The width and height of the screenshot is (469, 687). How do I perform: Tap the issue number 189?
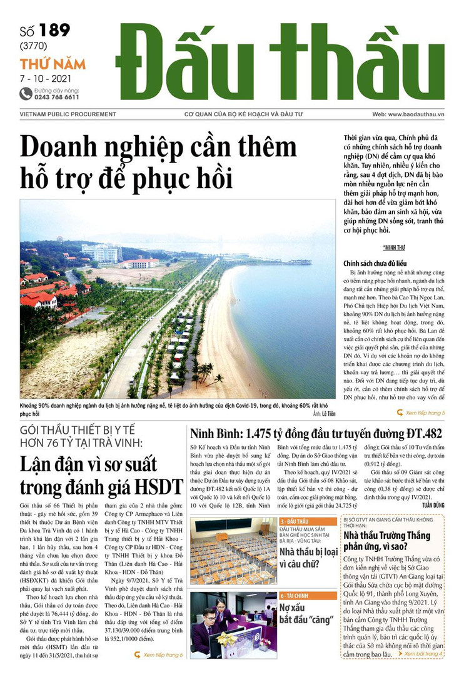click(x=54, y=30)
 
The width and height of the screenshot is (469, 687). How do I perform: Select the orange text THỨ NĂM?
click(x=53, y=64)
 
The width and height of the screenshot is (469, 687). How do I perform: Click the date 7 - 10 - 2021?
click(x=45, y=79)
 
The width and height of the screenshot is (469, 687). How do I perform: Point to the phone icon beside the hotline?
click(x=26, y=94)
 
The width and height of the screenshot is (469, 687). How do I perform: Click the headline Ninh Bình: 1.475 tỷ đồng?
click(x=316, y=434)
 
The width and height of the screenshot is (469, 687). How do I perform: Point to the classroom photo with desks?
click(x=233, y=550)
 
